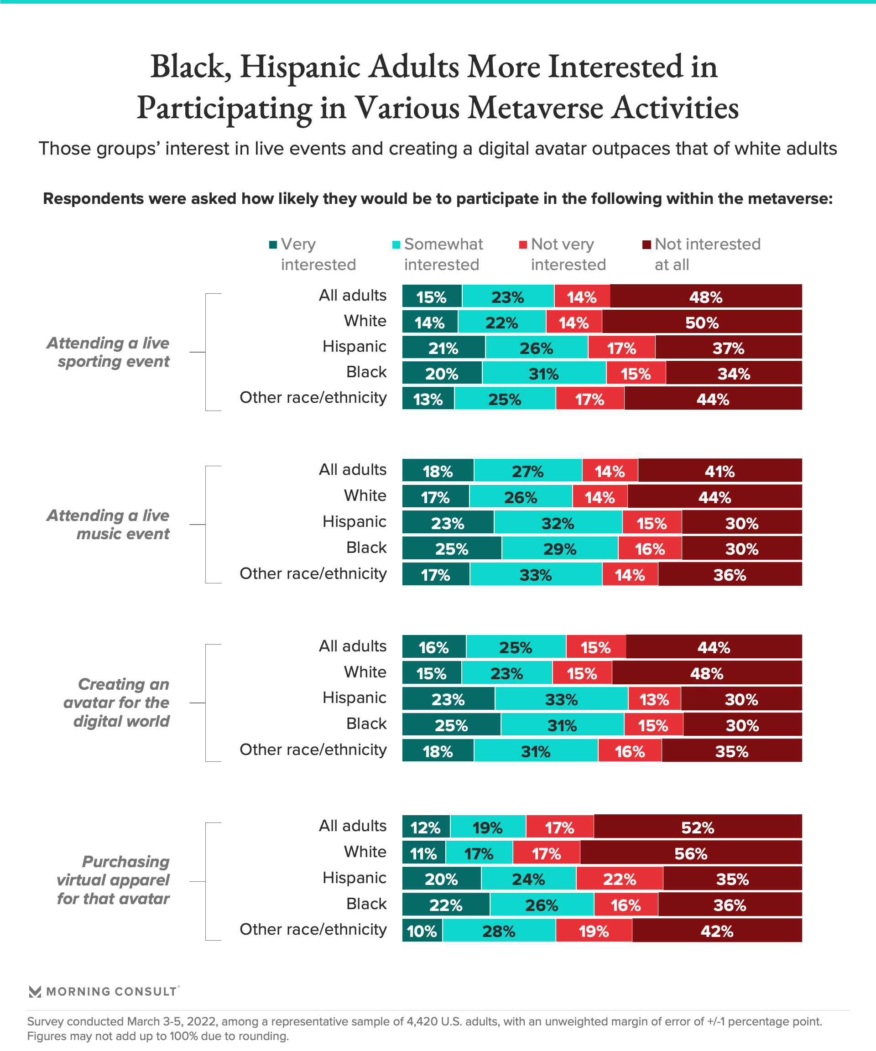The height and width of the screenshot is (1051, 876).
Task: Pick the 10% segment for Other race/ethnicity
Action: click(x=422, y=931)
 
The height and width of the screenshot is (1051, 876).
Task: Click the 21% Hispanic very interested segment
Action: click(x=443, y=348)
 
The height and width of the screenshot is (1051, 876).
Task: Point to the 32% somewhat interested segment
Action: click(x=558, y=523)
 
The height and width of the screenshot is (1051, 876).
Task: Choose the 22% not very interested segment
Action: click(x=619, y=879)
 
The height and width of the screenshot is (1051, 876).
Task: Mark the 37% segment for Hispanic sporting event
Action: click(x=728, y=348)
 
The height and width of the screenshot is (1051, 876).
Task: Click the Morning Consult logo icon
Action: click(x=35, y=991)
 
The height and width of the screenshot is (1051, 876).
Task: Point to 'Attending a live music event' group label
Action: click(x=108, y=525)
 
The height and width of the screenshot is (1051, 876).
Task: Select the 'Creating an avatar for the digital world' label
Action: click(x=117, y=702)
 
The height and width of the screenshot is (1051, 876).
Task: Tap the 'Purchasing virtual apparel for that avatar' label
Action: click(x=113, y=880)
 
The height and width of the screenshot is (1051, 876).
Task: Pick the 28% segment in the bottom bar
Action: click(x=499, y=931)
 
